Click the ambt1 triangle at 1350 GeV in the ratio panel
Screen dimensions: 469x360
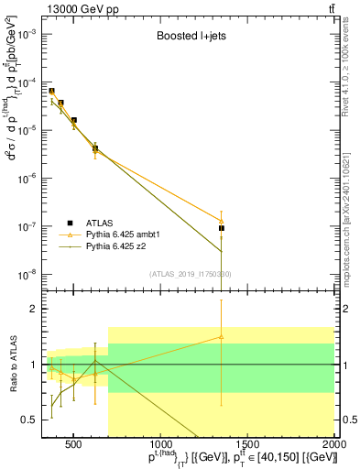pyautogui.click(x=221, y=336)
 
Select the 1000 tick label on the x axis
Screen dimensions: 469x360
pyautogui.click(x=161, y=445)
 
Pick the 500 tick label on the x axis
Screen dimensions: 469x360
pyautogui.click(x=74, y=445)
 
